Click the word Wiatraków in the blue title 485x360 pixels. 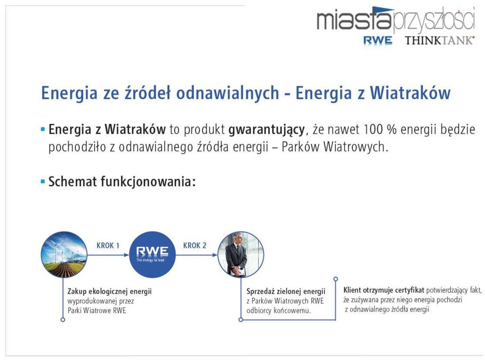coord(410,93)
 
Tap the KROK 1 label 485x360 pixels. coord(108,245)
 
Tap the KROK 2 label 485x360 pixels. coord(195,245)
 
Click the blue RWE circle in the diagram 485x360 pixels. coord(152,254)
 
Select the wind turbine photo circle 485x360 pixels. coord(64,254)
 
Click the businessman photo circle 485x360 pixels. coord(241,254)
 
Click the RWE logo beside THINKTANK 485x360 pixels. coord(378,40)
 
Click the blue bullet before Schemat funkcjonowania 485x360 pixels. coord(43,182)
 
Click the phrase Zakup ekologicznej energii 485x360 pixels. coord(110,292)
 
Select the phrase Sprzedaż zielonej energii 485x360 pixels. coord(286,292)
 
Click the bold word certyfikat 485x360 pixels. coord(410,290)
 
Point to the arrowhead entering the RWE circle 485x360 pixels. coord(126,255)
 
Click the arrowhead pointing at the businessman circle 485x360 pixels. coord(215,255)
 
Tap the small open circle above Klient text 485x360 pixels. coord(335,279)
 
